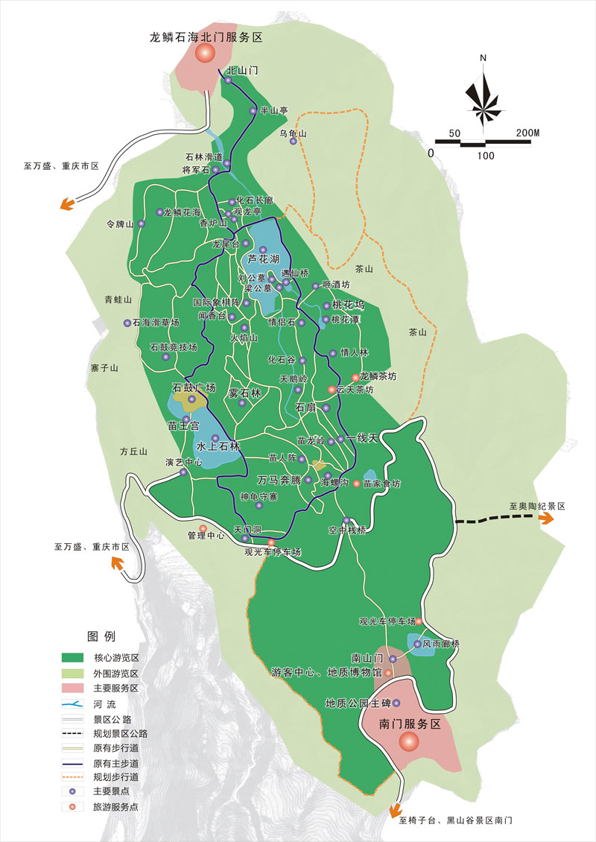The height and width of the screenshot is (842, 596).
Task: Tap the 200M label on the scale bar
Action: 527,133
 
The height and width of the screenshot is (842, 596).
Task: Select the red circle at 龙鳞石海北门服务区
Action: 205,53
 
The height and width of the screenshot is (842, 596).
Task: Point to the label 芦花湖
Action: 263,259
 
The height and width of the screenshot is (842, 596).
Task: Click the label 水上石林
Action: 218,446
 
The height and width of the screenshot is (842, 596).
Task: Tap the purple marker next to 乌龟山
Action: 293,141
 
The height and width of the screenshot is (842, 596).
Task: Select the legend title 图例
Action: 101,636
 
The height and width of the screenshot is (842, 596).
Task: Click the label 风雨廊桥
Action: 442,643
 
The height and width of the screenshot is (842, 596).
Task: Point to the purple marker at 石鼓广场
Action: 191,399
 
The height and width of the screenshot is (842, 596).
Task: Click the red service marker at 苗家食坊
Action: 356,484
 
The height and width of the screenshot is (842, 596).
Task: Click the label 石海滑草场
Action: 156,323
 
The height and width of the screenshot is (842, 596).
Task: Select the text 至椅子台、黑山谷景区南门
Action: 457,820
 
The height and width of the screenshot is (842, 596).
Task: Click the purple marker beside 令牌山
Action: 141,224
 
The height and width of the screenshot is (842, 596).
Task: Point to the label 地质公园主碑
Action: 358,703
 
